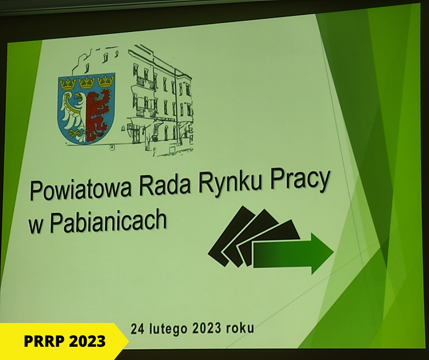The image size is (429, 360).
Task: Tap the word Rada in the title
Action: click(165, 185)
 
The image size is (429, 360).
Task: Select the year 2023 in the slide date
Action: click(207, 328)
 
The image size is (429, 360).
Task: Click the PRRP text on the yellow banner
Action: click(43, 341)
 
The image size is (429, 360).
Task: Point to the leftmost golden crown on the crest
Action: click(68, 83)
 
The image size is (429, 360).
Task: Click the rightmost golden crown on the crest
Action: click(105, 81)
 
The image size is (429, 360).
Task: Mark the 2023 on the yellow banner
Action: click(87, 341)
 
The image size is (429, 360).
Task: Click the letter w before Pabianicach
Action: click(36, 226)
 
